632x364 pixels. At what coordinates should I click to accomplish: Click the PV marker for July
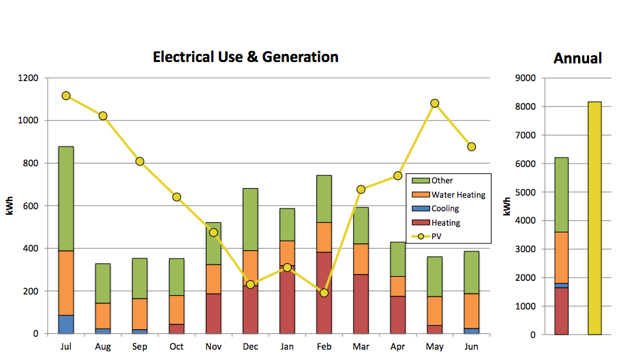tap(66, 96)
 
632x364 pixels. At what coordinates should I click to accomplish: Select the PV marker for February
tap(324, 292)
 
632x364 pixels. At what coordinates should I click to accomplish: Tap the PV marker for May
tap(434, 104)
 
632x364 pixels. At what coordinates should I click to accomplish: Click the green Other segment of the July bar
tap(66, 198)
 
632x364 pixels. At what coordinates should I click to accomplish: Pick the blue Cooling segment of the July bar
tap(66, 324)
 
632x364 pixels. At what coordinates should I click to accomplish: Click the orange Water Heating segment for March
tap(361, 259)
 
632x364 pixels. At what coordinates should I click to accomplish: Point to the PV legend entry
tap(437, 237)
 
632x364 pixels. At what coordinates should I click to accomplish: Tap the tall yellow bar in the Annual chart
tap(595, 218)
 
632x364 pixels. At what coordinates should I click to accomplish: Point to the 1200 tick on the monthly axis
tap(28, 78)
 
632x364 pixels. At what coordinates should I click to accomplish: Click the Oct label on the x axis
tap(177, 346)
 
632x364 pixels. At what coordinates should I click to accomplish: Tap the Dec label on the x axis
tap(250, 346)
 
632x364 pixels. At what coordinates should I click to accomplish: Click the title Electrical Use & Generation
tap(245, 57)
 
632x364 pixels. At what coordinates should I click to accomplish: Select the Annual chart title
tap(577, 59)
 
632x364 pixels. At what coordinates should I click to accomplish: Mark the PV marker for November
tap(213, 232)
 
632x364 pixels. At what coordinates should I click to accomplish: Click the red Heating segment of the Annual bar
tap(561, 311)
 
